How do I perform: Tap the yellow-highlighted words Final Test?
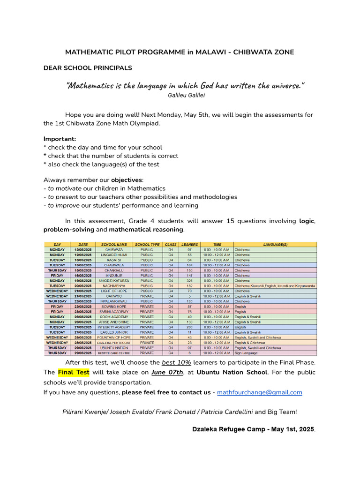(x=74, y=372)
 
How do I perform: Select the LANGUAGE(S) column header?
(x=275, y=244)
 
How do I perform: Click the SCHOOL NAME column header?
(x=114, y=244)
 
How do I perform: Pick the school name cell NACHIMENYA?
(x=114, y=285)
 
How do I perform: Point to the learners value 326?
(x=189, y=280)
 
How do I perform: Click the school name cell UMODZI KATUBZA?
(x=114, y=280)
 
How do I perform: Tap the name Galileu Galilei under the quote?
(x=186, y=95)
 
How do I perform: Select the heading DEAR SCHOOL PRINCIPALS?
(x=88, y=68)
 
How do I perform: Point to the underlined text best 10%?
(x=176, y=362)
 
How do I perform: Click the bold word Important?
(x=60, y=139)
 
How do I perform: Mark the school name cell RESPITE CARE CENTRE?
(x=114, y=353)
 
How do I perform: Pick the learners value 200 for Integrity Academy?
(x=189, y=327)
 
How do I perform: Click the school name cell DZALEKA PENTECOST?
(x=114, y=343)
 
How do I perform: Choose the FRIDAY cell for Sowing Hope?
(x=57, y=306)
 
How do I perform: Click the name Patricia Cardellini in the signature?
(x=225, y=412)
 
